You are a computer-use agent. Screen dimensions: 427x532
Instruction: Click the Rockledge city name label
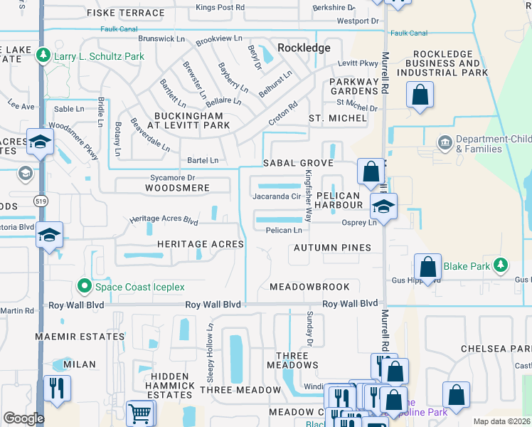[304, 48]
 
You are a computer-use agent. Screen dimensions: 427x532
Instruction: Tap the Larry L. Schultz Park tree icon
[44, 56]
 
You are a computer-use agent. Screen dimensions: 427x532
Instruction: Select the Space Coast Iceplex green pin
[85, 286]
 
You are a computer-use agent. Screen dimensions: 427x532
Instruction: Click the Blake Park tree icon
[502, 266]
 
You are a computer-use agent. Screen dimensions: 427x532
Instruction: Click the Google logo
[23, 418]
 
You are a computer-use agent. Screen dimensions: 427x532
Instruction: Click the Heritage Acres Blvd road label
[164, 221]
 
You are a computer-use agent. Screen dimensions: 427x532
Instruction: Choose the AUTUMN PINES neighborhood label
[331, 248]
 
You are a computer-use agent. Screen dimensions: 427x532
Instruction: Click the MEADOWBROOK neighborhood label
[309, 287]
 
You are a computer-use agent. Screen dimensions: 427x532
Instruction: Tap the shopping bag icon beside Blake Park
[427, 267]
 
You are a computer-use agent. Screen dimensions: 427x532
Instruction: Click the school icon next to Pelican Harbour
[383, 206]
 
